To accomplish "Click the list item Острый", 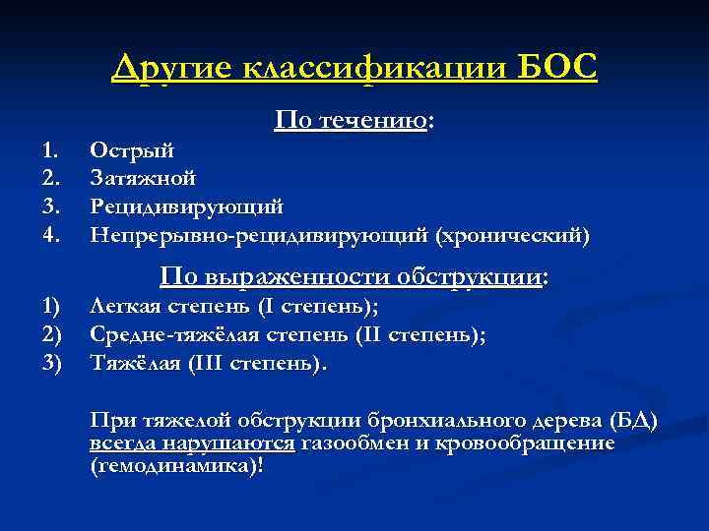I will (x=132, y=150).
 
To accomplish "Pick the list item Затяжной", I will (x=142, y=179).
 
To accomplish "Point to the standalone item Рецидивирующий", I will (x=186, y=207).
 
